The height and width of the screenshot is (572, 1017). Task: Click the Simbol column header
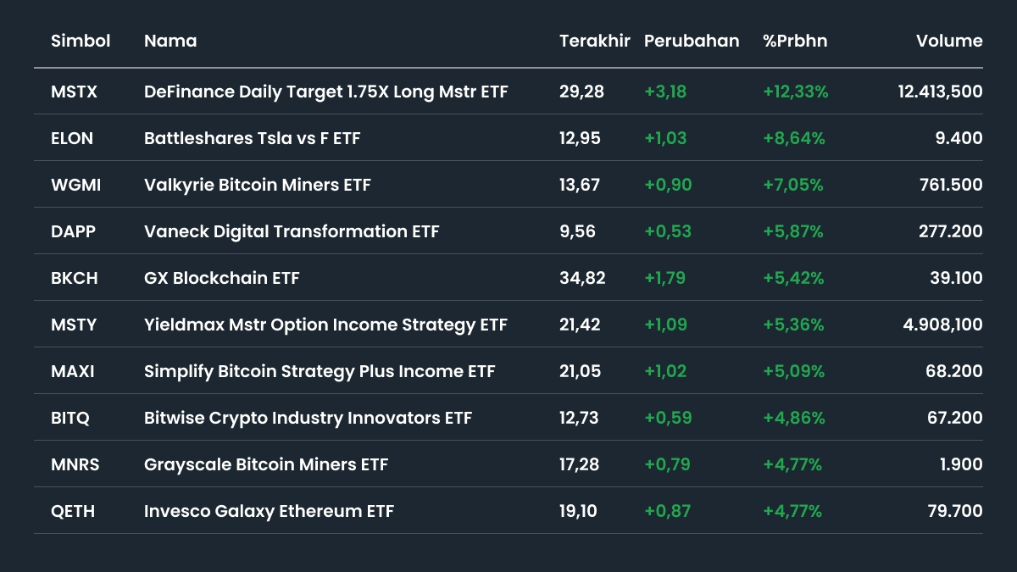click(x=81, y=41)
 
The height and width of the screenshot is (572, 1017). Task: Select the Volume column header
click(x=949, y=41)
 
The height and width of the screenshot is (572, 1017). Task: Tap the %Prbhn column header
click(x=795, y=41)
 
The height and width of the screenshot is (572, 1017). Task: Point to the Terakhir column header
click(x=595, y=41)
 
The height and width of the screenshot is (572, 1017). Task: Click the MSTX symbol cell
click(x=75, y=92)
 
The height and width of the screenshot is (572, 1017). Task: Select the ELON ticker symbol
click(x=72, y=138)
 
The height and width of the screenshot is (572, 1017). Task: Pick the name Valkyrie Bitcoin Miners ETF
click(x=258, y=185)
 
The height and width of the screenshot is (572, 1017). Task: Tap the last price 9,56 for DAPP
click(x=578, y=231)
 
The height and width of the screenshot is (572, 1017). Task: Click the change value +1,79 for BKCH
click(x=665, y=278)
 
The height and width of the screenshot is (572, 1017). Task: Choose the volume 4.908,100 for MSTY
click(x=941, y=325)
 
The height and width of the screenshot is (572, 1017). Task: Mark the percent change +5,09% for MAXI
click(x=793, y=371)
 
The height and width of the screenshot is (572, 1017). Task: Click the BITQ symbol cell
click(x=70, y=418)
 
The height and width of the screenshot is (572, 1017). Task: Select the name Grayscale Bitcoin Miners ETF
click(x=266, y=464)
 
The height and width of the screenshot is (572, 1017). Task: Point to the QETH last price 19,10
click(x=580, y=511)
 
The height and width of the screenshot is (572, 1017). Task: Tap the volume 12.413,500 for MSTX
click(x=941, y=92)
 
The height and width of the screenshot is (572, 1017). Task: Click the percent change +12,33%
click(x=796, y=92)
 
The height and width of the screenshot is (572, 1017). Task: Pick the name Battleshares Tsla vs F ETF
click(x=253, y=138)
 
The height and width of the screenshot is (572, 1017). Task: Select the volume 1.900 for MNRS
click(x=961, y=464)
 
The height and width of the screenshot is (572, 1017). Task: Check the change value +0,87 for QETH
click(x=668, y=511)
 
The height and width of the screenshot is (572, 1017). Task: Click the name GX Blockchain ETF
click(x=222, y=278)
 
